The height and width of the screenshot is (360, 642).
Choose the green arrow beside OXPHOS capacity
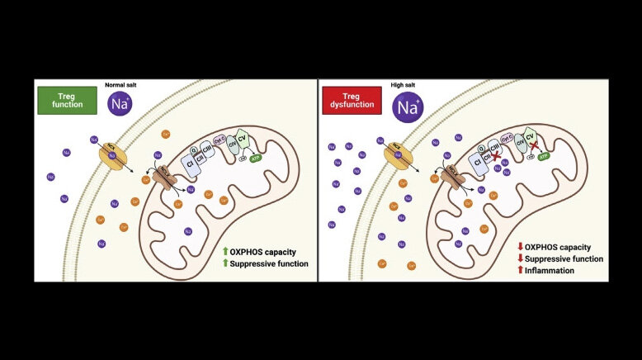[x=226, y=251]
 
